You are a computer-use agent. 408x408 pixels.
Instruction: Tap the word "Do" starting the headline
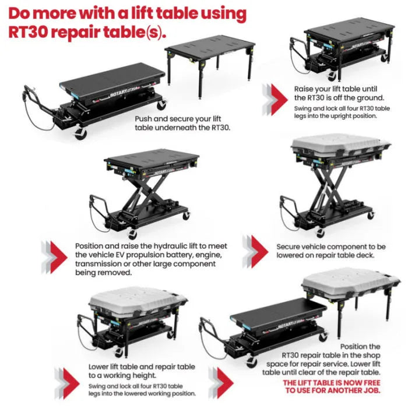point(19,13)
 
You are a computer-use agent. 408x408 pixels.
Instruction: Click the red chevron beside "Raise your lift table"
point(279,100)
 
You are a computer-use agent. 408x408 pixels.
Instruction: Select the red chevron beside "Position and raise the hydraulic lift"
point(59,257)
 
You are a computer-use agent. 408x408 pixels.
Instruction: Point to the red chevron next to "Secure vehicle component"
point(260,251)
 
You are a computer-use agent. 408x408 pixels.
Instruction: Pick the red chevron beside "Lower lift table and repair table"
point(71,384)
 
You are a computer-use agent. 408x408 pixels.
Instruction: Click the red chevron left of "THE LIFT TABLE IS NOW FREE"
point(226,384)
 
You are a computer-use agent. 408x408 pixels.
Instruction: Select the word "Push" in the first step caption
point(143,119)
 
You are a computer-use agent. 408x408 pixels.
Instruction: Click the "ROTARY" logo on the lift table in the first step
point(119,93)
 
